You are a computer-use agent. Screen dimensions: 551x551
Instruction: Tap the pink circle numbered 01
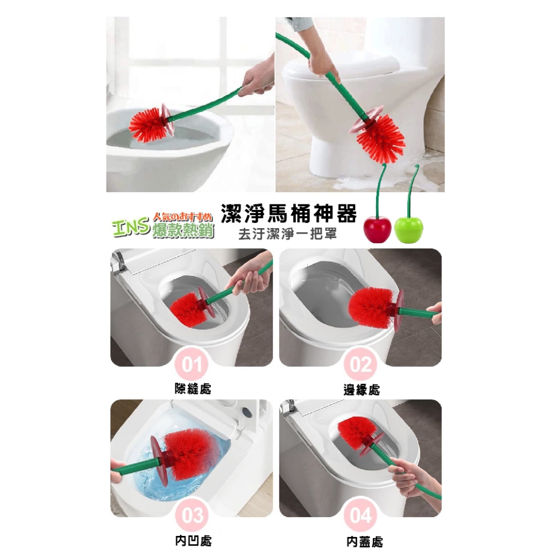[192, 364]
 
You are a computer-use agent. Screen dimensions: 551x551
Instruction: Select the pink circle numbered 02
[361, 364]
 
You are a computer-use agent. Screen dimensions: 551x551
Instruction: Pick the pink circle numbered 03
[192, 515]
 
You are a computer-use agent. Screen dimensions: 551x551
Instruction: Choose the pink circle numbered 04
[361, 515]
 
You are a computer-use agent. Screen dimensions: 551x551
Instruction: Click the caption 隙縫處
[193, 388]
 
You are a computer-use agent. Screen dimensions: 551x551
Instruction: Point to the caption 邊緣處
[362, 390]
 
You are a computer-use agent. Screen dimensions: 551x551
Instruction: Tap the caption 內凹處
[193, 540]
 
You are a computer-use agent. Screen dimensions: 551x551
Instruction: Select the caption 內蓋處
[364, 541]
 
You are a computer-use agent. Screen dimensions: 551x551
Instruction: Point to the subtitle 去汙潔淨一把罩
[287, 234]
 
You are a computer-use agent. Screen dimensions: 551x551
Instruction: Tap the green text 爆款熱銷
[183, 230]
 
